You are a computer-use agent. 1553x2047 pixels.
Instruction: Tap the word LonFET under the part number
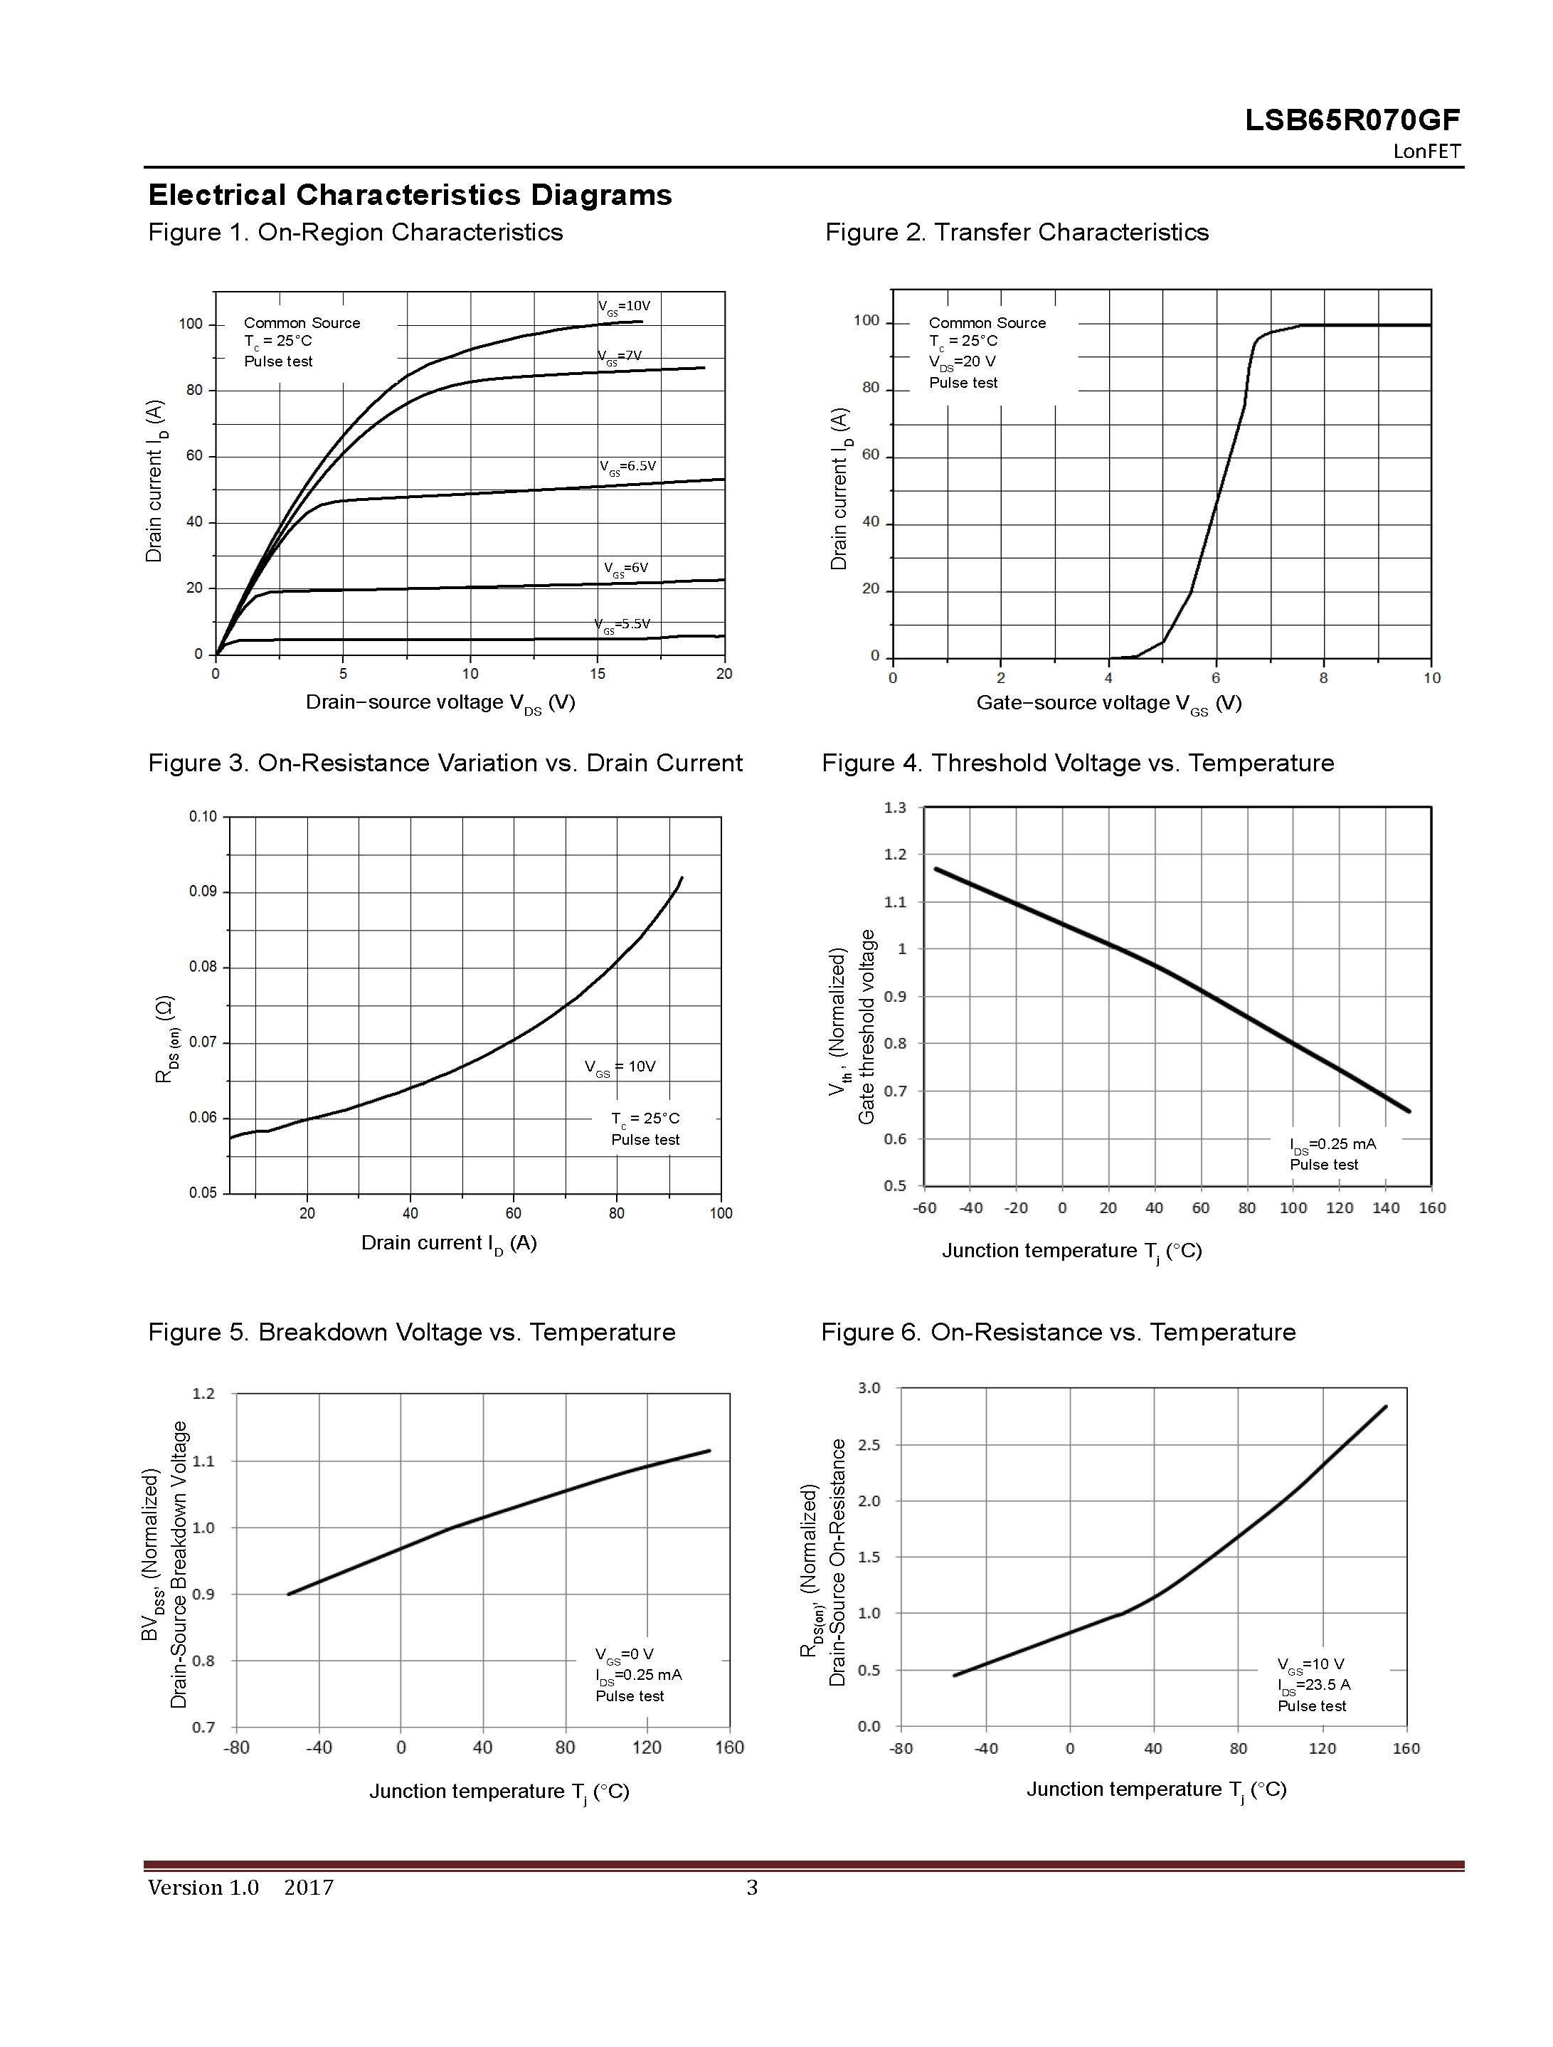1426,152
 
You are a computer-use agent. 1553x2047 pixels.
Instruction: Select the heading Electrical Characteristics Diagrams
410,195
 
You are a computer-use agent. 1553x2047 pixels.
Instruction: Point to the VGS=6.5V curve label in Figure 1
627,467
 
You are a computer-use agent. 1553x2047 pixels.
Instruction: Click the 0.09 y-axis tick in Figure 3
203,892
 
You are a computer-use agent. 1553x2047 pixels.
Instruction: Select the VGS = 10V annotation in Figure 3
620,1067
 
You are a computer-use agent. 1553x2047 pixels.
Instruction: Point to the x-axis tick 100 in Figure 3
721,1213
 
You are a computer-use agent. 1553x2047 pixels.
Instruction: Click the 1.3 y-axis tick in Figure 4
895,808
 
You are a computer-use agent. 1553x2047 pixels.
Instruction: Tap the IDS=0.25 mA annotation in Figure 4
1332,1145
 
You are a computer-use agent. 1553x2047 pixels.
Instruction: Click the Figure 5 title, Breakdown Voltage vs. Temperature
412,1332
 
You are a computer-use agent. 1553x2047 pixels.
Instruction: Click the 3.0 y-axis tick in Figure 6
869,1388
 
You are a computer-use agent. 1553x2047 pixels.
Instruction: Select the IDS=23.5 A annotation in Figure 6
1313,1685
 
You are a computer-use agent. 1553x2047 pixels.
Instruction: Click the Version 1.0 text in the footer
203,1888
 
